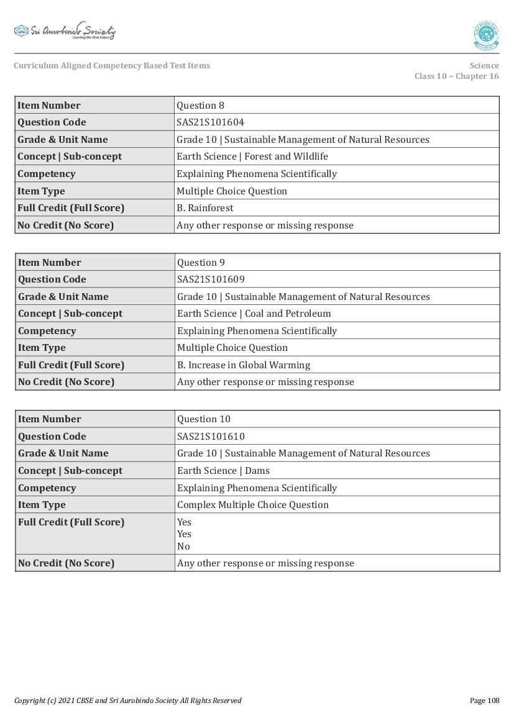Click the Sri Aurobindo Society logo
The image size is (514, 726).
tap(65, 32)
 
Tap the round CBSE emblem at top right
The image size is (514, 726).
tap(485, 35)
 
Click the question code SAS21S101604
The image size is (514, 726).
tap(210, 122)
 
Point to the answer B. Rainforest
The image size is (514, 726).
tap(204, 208)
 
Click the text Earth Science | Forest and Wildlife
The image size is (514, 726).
tap(252, 157)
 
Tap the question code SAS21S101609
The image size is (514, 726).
tap(211, 279)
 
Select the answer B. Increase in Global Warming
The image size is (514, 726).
tap(243, 365)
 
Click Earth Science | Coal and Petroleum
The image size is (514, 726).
tap(254, 314)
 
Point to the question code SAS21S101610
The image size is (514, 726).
tap(211, 437)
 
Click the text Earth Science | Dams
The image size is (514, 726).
tap(223, 471)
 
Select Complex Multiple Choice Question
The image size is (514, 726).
tap(252, 505)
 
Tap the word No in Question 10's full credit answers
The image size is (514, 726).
tap(183, 547)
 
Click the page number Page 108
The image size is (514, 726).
tap(484, 701)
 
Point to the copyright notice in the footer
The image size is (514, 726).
tap(127, 701)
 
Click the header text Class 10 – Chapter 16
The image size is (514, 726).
tap(456, 76)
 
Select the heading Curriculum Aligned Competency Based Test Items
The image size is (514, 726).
tap(112, 66)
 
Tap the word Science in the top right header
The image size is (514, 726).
tap(484, 66)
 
